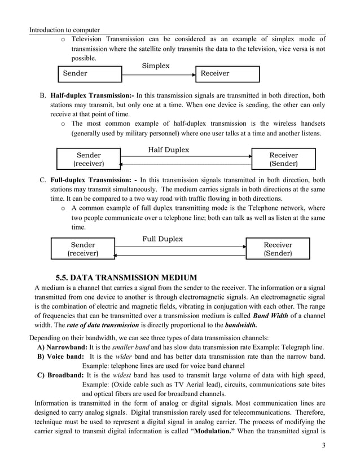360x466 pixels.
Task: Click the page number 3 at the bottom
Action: pos(323,447)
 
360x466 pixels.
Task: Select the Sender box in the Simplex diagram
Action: pos(90,74)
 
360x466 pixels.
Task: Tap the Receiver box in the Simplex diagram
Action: pos(227,74)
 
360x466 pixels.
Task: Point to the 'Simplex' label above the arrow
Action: pos(155,66)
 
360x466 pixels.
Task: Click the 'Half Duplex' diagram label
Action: pos(168,150)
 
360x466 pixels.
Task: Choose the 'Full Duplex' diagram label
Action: pos(163,239)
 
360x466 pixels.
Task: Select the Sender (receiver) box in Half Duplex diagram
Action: pos(89,160)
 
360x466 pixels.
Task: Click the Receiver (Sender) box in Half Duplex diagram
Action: pos(283,160)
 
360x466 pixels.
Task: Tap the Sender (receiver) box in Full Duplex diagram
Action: pos(83,249)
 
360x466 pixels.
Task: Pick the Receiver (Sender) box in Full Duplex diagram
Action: pos(278,249)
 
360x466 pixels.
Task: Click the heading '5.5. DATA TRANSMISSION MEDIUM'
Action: pos(126,277)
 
